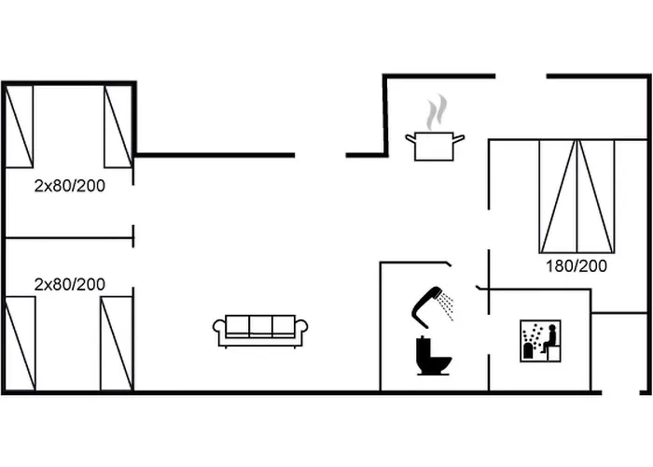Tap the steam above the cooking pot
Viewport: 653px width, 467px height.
[433, 114]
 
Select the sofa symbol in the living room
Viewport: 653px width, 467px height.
[260, 330]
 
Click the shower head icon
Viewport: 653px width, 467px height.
[426, 302]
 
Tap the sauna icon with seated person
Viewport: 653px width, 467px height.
[540, 342]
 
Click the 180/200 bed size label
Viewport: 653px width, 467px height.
[577, 266]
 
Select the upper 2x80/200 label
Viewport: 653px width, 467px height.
[70, 186]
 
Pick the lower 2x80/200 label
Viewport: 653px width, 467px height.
[70, 283]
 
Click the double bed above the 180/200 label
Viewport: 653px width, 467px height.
[577, 196]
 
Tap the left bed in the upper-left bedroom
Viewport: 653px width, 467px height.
[20, 126]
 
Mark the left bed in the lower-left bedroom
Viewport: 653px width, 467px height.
[20, 343]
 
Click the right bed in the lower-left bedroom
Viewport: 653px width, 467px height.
[117, 343]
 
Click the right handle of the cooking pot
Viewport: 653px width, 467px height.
[459, 139]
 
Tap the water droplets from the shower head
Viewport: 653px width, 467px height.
[447, 304]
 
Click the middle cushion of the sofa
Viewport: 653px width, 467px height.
[260, 326]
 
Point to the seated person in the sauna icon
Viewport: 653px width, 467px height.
[550, 338]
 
